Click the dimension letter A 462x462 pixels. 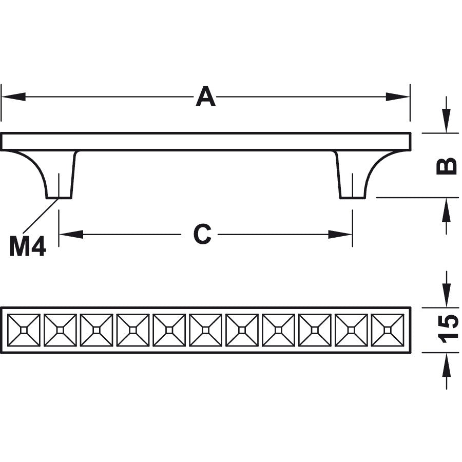(x=205, y=97)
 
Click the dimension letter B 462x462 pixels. (x=447, y=166)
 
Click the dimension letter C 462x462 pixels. (x=202, y=235)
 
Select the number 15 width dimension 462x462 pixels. (x=448, y=329)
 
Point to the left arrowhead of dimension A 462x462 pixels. (x=13, y=97)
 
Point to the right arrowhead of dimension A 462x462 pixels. (x=398, y=97)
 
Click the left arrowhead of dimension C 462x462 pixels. (x=71, y=235)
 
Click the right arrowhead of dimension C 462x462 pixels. (x=340, y=235)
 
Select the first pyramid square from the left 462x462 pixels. (x=24, y=330)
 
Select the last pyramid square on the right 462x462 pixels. (x=388, y=330)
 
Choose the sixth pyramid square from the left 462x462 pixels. (x=206, y=330)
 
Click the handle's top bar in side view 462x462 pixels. (x=205, y=142)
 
